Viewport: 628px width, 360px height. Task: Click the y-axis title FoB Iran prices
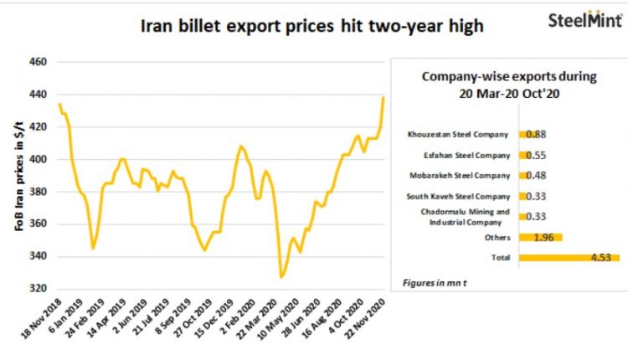tap(18, 177)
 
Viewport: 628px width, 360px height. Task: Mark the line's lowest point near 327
tap(281, 277)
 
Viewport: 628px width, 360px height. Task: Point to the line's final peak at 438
tap(383, 97)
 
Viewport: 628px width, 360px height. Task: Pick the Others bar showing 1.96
tap(541, 237)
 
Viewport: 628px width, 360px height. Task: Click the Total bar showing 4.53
tap(569, 258)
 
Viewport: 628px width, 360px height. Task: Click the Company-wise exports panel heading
tap(509, 85)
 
